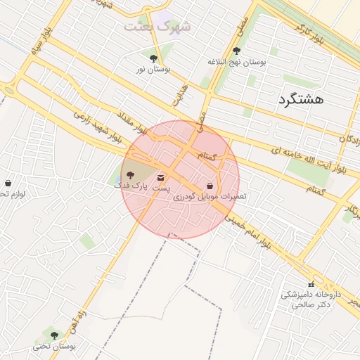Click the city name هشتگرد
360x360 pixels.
pyautogui.click(x=300, y=99)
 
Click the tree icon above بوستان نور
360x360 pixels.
pyautogui.click(x=153, y=58)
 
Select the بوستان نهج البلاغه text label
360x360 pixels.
pyautogui.click(x=236, y=63)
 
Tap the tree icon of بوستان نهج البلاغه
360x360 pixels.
pyautogui.click(x=236, y=51)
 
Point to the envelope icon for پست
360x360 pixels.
pyautogui.click(x=161, y=177)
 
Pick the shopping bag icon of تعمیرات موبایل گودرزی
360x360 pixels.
pyautogui.click(x=211, y=186)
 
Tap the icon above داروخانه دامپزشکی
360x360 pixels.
pyautogui.click(x=311, y=284)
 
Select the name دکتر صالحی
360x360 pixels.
pyautogui.click(x=314, y=305)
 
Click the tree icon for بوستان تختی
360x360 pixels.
pyautogui.click(x=54, y=335)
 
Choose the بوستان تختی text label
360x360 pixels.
pyautogui.click(x=53, y=347)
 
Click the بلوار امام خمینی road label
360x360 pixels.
pyautogui.click(x=247, y=231)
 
